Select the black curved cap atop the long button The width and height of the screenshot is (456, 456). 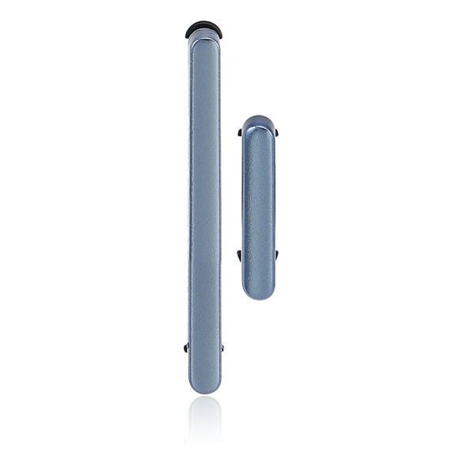click(204, 31)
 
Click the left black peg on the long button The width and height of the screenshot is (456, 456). click(187, 347)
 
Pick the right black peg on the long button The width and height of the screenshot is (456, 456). click(223, 347)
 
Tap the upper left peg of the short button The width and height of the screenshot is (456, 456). click(240, 132)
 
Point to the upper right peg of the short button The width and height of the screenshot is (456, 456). click(278, 131)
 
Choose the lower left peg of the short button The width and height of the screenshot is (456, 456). click(240, 254)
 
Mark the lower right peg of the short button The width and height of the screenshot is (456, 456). click(278, 254)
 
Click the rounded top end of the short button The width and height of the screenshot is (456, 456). click(259, 123)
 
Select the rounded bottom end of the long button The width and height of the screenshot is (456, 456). click(205, 386)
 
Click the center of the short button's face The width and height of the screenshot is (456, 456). click(259, 207)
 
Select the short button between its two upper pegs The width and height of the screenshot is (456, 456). click(259, 132)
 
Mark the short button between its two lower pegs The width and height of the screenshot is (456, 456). click(259, 254)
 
